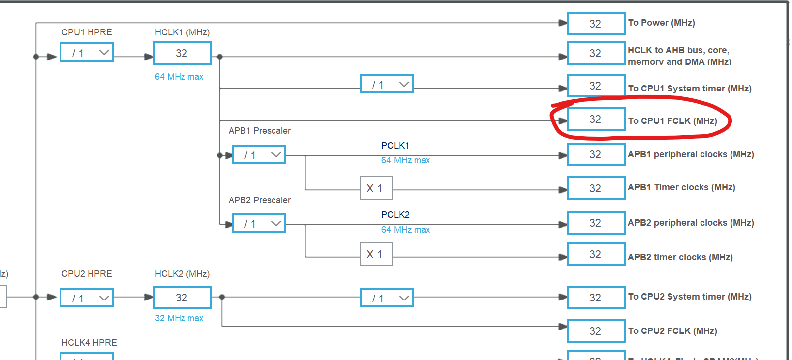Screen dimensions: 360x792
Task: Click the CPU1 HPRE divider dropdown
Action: click(x=87, y=53)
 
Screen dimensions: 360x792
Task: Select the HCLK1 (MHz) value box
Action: click(x=182, y=53)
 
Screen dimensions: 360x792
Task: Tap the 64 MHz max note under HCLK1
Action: click(x=179, y=77)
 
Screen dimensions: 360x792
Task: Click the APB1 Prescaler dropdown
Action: click(x=258, y=155)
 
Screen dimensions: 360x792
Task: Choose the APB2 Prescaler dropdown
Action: click(x=258, y=223)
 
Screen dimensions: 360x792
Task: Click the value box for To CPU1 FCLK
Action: click(x=596, y=120)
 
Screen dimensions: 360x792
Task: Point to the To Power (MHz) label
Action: click(x=661, y=23)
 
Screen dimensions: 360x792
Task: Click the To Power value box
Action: click(x=596, y=24)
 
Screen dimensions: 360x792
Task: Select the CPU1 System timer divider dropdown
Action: click(x=387, y=84)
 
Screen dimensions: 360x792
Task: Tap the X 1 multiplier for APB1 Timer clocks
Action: click(x=376, y=188)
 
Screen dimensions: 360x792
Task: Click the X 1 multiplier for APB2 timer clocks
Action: click(x=376, y=254)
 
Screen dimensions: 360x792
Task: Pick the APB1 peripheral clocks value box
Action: click(x=596, y=154)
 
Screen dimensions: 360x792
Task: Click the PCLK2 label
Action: click(x=395, y=215)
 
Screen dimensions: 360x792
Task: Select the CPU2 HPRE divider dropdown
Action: click(x=87, y=298)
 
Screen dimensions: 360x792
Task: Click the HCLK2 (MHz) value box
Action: click(x=182, y=298)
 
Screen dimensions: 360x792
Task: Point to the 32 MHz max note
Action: click(x=179, y=318)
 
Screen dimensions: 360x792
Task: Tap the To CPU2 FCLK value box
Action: click(x=596, y=331)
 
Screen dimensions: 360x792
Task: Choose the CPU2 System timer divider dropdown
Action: click(x=387, y=298)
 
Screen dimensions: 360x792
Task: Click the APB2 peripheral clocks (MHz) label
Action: click(x=691, y=223)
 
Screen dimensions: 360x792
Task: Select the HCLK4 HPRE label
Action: click(x=89, y=343)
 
